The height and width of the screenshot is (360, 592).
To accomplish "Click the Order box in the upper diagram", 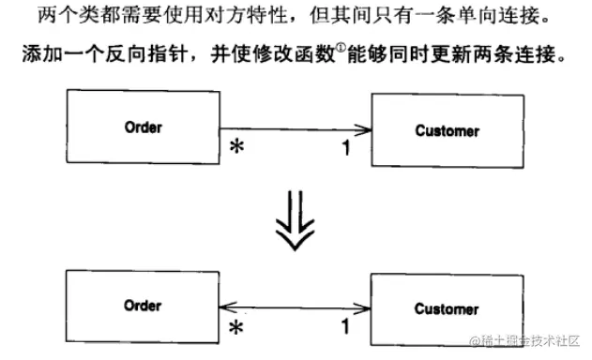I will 143,127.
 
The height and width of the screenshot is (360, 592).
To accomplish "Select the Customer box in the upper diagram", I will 447,131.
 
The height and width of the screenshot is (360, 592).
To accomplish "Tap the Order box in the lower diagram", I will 143,307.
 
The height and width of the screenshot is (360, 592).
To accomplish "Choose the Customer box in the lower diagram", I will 447,309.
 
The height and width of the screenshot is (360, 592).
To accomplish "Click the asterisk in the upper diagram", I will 237,148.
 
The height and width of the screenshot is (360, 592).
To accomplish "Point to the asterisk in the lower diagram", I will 237,328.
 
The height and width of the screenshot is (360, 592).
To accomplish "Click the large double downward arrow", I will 295,222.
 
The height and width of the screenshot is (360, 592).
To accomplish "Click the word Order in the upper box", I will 143,127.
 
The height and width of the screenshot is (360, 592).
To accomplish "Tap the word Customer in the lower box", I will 447,309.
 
